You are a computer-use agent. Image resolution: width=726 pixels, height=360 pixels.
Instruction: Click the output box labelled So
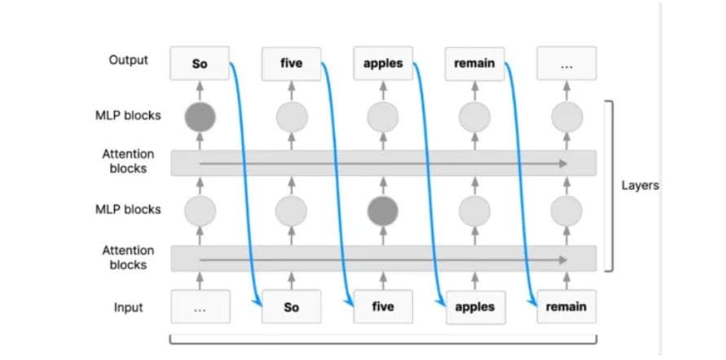coord(200,63)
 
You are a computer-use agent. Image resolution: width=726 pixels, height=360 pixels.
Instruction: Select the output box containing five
coord(291,63)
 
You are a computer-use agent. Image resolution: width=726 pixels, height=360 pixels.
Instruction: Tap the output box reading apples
coord(383,63)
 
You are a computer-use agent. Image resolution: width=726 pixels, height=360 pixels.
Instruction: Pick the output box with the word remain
coord(474,63)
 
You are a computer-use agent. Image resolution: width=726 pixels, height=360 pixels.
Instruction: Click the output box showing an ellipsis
coord(567,63)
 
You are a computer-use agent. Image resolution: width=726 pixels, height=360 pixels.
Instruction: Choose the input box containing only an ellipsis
coord(200,306)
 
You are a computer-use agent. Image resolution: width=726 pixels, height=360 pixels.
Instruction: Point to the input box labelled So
coord(291,306)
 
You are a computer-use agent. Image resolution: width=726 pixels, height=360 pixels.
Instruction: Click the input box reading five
coord(383,306)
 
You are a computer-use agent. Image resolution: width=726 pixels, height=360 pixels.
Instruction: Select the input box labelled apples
coord(476,306)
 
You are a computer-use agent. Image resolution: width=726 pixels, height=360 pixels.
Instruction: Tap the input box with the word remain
coord(567,306)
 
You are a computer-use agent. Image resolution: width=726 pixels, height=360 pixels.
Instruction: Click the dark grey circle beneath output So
coord(200,117)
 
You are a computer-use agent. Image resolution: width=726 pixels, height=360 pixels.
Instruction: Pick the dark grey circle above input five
coord(383,211)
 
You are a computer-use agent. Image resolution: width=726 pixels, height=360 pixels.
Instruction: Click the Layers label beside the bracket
coord(640,186)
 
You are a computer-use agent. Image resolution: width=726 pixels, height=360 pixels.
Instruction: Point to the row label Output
coord(129,60)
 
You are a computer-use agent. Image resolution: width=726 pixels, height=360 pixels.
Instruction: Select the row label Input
coord(128,307)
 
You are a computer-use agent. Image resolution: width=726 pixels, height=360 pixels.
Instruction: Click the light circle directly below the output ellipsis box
coord(567,117)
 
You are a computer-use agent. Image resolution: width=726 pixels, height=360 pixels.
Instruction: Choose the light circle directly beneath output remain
coord(474,117)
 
